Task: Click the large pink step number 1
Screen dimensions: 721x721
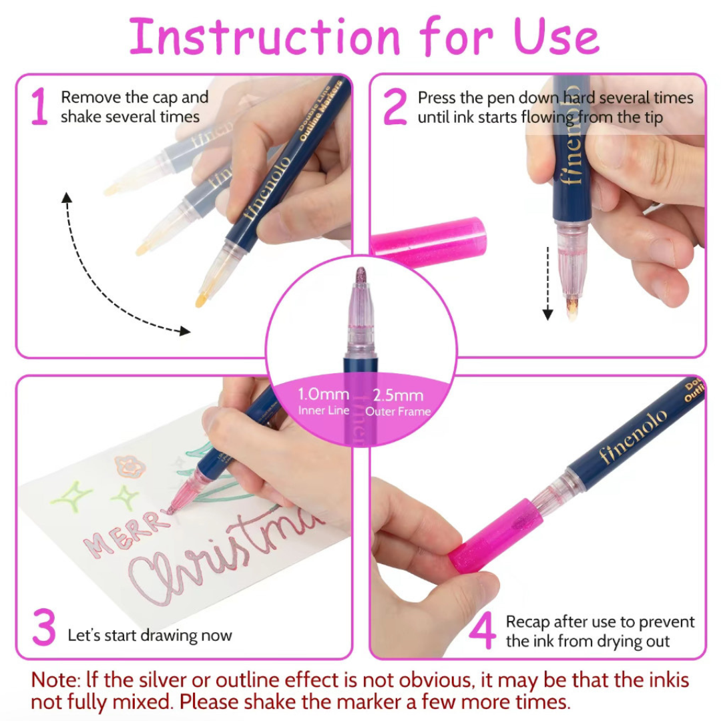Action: [39, 107]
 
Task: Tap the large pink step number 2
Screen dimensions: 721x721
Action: [395, 107]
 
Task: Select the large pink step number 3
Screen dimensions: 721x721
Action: [43, 630]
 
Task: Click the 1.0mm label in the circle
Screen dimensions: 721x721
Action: [324, 395]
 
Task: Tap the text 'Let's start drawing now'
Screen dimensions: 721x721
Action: [150, 635]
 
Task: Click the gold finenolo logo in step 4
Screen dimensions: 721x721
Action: [632, 437]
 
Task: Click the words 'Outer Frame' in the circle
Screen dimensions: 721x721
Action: [399, 411]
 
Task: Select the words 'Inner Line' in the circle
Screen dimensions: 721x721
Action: [324, 411]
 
